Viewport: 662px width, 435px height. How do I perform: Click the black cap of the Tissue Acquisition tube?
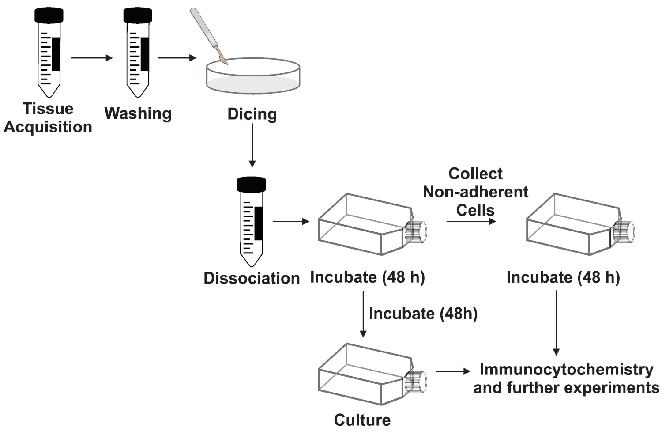[x=49, y=15]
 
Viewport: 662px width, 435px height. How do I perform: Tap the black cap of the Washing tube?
[x=138, y=15]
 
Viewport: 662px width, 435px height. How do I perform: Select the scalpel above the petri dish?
[x=209, y=36]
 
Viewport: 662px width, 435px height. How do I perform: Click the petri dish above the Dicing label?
[x=253, y=76]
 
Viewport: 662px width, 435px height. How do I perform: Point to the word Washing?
[x=138, y=114]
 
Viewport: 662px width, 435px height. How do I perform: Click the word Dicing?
[x=252, y=114]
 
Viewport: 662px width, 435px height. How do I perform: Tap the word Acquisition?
[x=48, y=127]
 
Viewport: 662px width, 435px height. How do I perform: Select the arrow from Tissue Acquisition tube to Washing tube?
[x=92, y=58]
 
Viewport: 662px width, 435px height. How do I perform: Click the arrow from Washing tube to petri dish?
[x=177, y=58]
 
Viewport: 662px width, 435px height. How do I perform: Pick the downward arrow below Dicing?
[x=252, y=145]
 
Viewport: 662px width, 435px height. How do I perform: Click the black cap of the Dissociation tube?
[x=252, y=185]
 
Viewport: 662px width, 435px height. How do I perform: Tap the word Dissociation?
[x=252, y=278]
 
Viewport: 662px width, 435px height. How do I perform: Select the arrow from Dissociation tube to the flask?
[x=291, y=221]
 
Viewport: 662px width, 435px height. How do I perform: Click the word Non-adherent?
[x=475, y=192]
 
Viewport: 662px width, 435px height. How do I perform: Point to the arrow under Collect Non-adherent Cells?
[x=471, y=221]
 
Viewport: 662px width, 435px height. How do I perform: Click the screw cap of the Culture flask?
[x=416, y=382]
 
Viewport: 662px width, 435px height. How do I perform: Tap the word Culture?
[x=362, y=420]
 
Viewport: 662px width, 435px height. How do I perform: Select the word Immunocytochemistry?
[x=567, y=370]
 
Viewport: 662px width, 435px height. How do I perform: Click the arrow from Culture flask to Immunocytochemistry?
[x=453, y=371]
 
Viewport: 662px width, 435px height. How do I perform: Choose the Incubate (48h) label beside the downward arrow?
[x=423, y=314]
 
